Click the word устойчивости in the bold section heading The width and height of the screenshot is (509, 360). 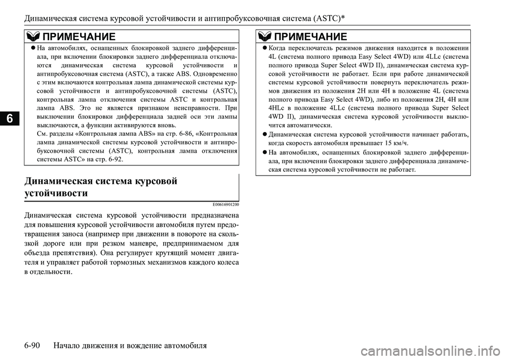(x=56, y=194)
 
